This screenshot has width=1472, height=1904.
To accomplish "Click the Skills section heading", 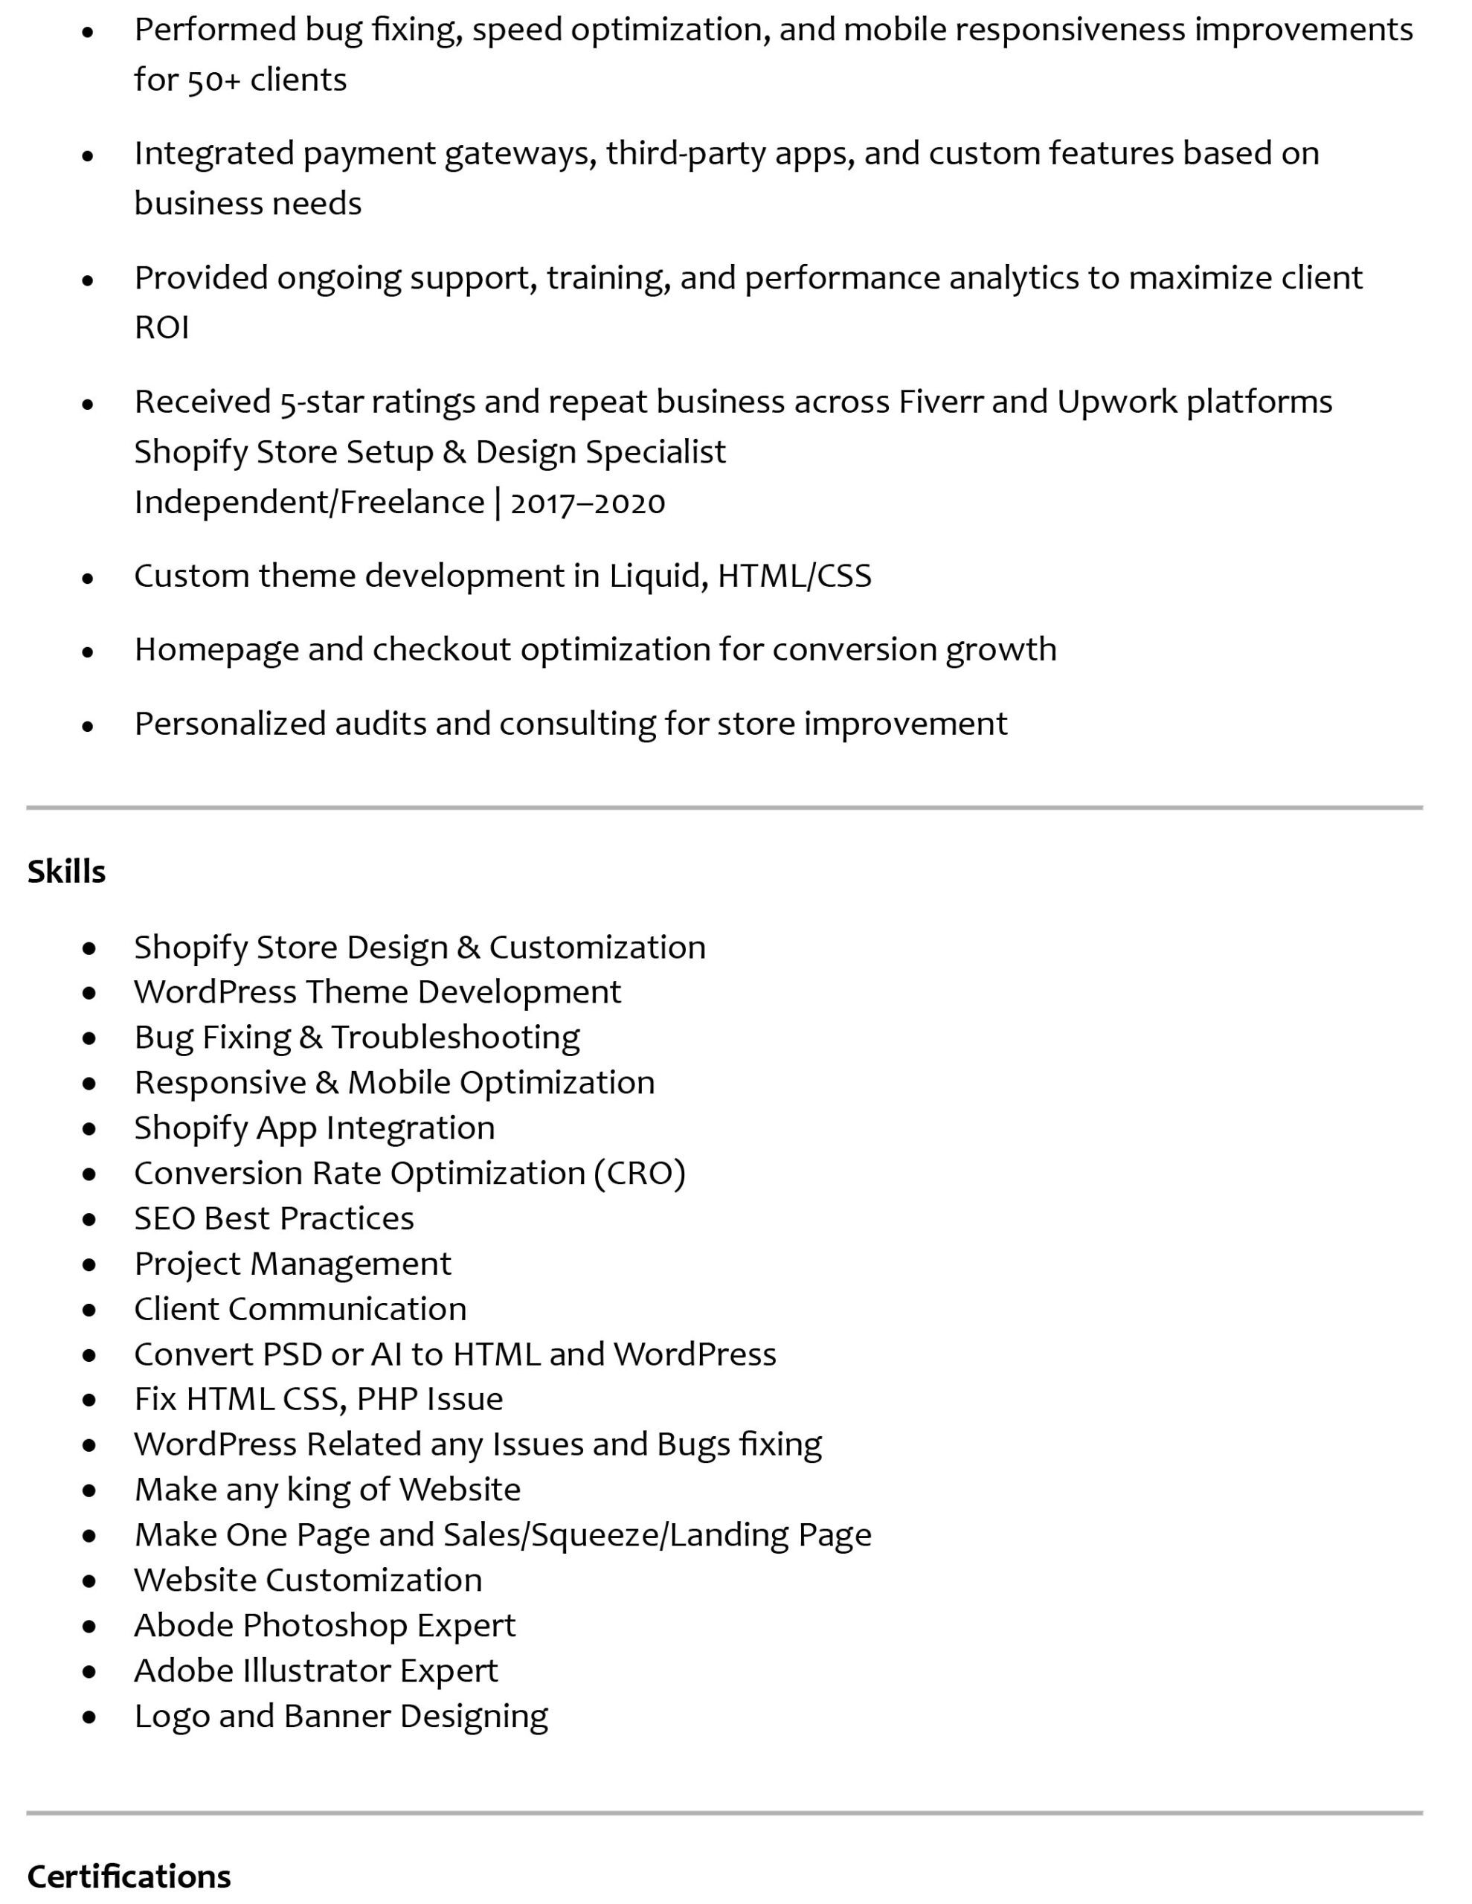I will point(66,872).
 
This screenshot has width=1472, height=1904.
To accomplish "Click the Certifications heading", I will point(129,1876).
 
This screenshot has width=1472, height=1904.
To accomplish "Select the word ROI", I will point(161,328).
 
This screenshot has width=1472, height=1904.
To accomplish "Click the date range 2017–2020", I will point(587,503).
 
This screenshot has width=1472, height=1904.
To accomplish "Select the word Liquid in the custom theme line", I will point(654,576).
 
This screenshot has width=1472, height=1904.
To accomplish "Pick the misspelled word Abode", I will point(183,1626).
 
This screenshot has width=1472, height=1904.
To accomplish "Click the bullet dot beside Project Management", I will point(89,1265).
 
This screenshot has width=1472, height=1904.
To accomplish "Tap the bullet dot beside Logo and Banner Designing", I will point(89,1717).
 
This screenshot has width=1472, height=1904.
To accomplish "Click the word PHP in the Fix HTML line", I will point(386,1399).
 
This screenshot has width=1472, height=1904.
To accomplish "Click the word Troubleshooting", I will point(455,1038).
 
